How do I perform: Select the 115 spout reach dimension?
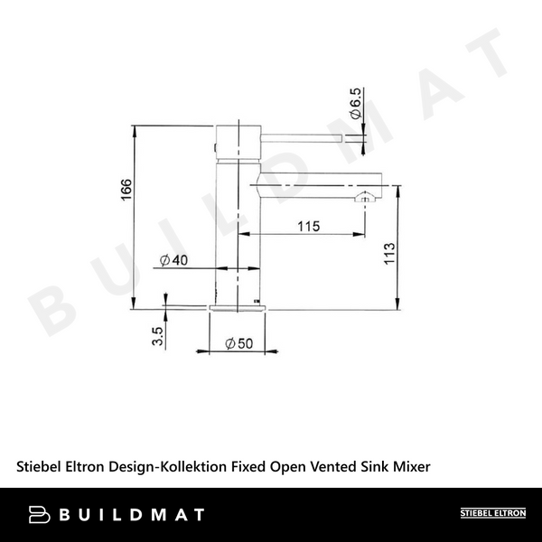coord(307,227)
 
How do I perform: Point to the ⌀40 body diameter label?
coord(173,260)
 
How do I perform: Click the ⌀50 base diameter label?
coord(238,343)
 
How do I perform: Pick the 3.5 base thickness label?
coord(158,336)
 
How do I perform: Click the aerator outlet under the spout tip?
coord(365,197)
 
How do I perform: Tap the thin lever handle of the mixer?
coord(303,137)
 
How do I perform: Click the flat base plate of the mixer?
coord(238,307)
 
